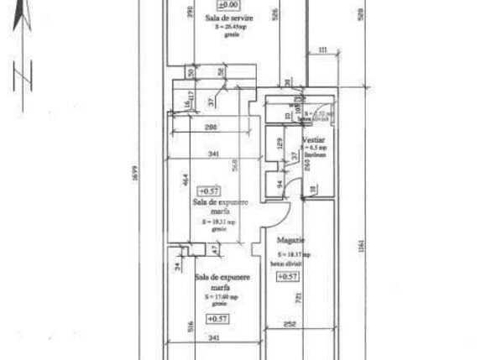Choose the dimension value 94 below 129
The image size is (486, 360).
point(279,184)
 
